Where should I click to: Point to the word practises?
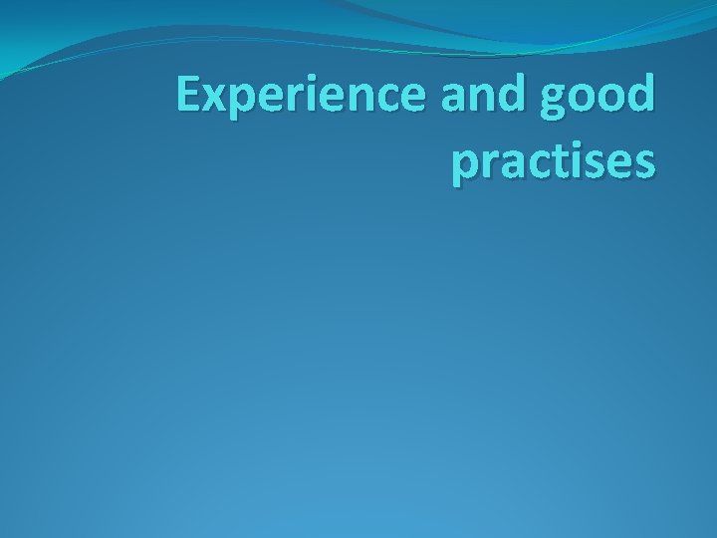[x=553, y=161]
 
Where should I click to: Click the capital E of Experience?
[x=186, y=95]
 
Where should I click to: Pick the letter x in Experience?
[x=213, y=100]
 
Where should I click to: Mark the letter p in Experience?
[x=240, y=105]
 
